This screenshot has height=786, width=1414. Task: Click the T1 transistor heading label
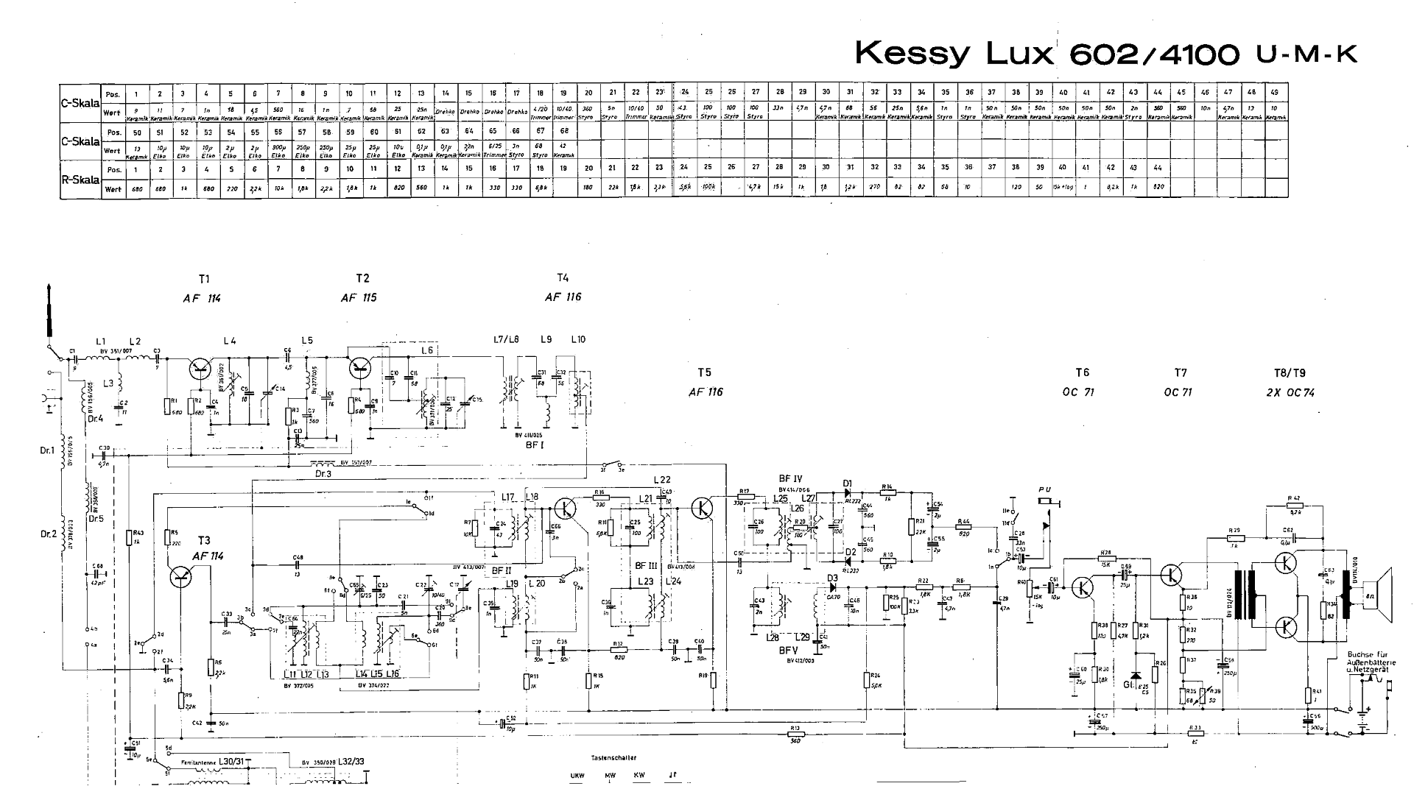click(x=204, y=279)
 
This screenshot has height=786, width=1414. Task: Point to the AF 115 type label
click(x=359, y=298)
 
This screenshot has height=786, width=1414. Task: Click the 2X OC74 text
click(x=1290, y=392)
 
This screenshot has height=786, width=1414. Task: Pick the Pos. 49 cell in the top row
click(x=1276, y=93)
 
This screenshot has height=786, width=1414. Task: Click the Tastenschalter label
click(x=613, y=757)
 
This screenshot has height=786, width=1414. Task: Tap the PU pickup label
click(x=1045, y=490)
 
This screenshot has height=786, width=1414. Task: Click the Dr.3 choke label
click(x=323, y=473)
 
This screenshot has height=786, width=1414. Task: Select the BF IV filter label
click(x=790, y=478)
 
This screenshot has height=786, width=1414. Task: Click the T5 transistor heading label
click(x=705, y=372)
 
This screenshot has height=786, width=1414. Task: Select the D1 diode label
click(x=848, y=484)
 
